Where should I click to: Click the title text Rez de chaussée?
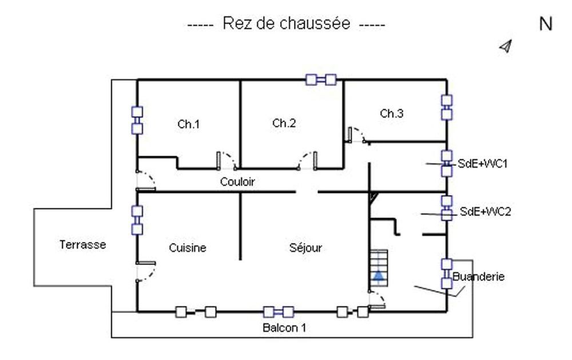click(x=286, y=25)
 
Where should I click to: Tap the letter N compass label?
click(x=546, y=25)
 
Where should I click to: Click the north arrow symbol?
click(x=506, y=46)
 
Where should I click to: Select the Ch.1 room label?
click(x=189, y=124)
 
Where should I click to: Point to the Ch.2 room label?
click(x=284, y=123)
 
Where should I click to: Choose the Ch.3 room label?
click(x=392, y=114)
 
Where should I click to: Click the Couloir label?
click(x=237, y=182)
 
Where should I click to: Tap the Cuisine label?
click(x=188, y=248)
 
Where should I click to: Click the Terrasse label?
click(x=83, y=245)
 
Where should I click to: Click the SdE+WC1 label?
click(x=483, y=164)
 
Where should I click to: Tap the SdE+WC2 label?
click(x=486, y=212)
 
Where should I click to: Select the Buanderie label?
click(x=479, y=277)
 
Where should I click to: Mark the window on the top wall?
click(x=320, y=80)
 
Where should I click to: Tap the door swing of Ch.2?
click(x=308, y=160)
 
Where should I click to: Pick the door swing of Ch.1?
click(x=227, y=160)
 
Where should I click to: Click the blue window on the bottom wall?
click(x=279, y=312)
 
